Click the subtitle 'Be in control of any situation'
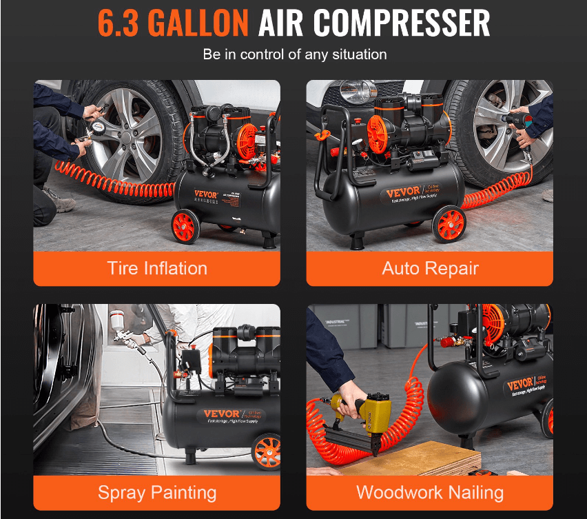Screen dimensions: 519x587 coord(294,54)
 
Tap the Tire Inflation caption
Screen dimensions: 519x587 coord(157,268)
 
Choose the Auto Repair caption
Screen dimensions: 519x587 coord(430,268)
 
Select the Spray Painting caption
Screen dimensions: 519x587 coord(157,493)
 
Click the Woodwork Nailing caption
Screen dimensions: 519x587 coord(430,493)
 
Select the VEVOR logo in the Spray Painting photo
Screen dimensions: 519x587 coord(223,415)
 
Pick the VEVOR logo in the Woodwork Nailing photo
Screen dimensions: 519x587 coord(521,384)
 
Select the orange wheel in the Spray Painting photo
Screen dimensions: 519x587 coord(266,452)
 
